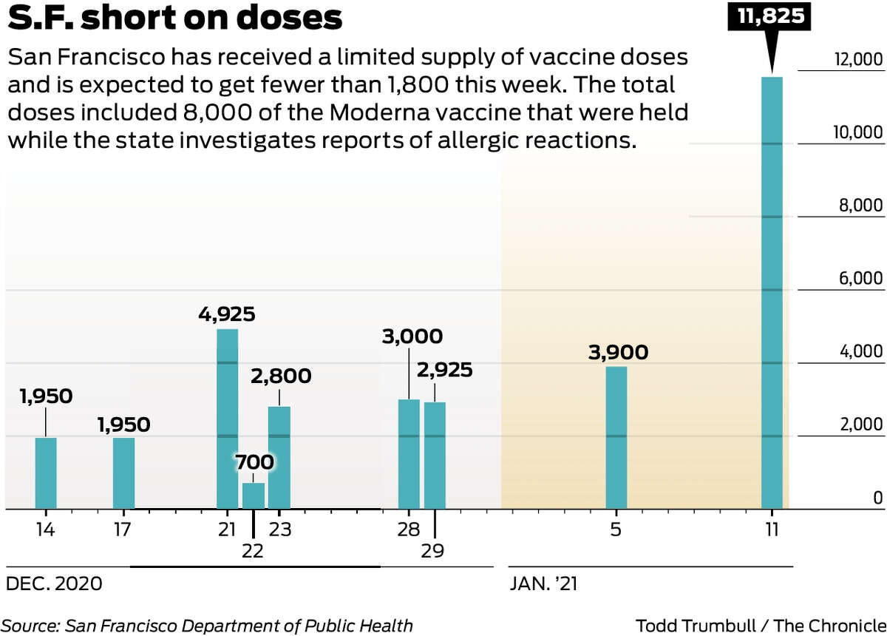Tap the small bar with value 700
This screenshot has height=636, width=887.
click(254, 495)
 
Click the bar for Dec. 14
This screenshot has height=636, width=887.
click(46, 473)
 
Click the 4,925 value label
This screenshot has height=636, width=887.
click(226, 314)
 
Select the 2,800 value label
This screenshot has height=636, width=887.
click(280, 376)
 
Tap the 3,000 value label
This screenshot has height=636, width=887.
click(412, 336)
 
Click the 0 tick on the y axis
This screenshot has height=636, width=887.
click(877, 498)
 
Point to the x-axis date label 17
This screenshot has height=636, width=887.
click(123, 530)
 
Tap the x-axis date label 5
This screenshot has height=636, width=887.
click(616, 530)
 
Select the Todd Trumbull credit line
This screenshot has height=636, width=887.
click(760, 626)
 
